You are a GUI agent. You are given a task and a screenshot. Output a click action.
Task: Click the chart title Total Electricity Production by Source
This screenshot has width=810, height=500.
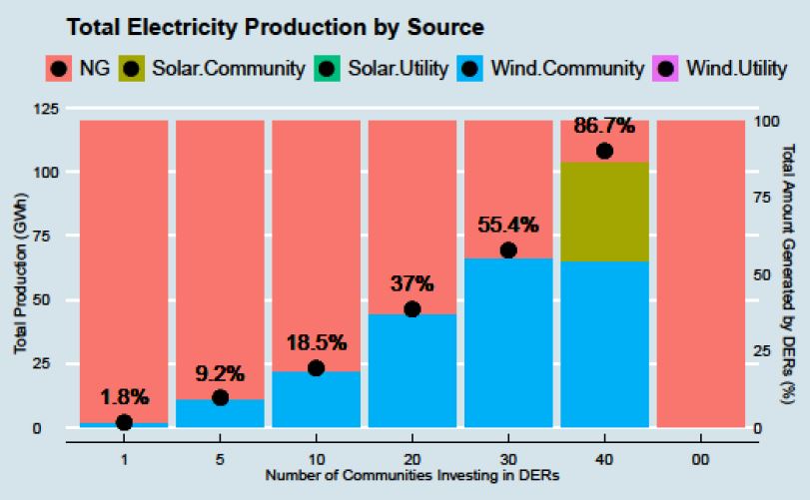coord(276,27)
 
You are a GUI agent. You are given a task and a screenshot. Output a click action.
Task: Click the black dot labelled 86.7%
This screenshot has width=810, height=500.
coord(604,151)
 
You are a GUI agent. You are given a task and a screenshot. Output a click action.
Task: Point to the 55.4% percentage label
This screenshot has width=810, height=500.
coord(507,225)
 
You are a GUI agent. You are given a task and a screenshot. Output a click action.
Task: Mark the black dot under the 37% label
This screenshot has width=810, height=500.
coord(411,309)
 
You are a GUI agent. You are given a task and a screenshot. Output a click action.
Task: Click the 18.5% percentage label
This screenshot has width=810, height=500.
coord(316,343)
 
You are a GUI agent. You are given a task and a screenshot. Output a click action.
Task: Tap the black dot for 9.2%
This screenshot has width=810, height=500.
coord(220,398)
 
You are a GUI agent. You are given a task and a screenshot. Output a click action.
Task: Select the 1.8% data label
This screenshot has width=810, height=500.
coord(124,397)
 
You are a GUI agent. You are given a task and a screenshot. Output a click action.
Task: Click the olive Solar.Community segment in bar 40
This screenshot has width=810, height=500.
coord(604,212)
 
